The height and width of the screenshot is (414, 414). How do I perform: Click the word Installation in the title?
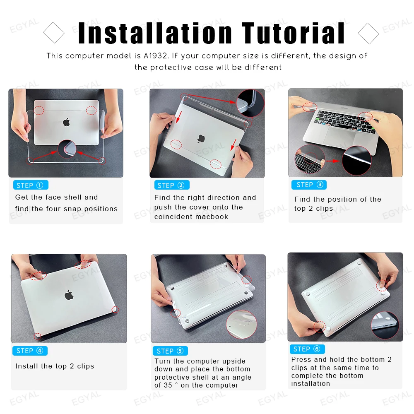(x=155, y=33)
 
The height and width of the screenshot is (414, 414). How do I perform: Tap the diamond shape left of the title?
(x=54, y=33)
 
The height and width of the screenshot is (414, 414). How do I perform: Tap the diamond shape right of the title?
(x=368, y=33)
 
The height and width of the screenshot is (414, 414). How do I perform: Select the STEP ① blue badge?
(x=31, y=185)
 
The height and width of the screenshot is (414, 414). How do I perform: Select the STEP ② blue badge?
(x=171, y=185)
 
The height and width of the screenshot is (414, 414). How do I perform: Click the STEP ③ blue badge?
(x=309, y=185)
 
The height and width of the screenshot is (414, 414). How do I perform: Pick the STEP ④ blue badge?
(x=30, y=351)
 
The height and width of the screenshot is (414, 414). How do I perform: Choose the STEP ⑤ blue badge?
(x=170, y=351)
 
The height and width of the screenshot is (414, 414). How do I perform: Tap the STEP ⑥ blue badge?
(x=307, y=349)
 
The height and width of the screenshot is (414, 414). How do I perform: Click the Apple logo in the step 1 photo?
(x=66, y=122)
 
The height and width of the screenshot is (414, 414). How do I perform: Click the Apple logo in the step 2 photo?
(x=202, y=139)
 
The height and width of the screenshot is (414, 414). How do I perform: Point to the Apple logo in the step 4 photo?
(x=69, y=295)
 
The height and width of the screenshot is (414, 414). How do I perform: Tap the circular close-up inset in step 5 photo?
(x=241, y=324)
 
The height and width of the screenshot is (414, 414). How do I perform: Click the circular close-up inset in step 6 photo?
(x=385, y=325)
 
